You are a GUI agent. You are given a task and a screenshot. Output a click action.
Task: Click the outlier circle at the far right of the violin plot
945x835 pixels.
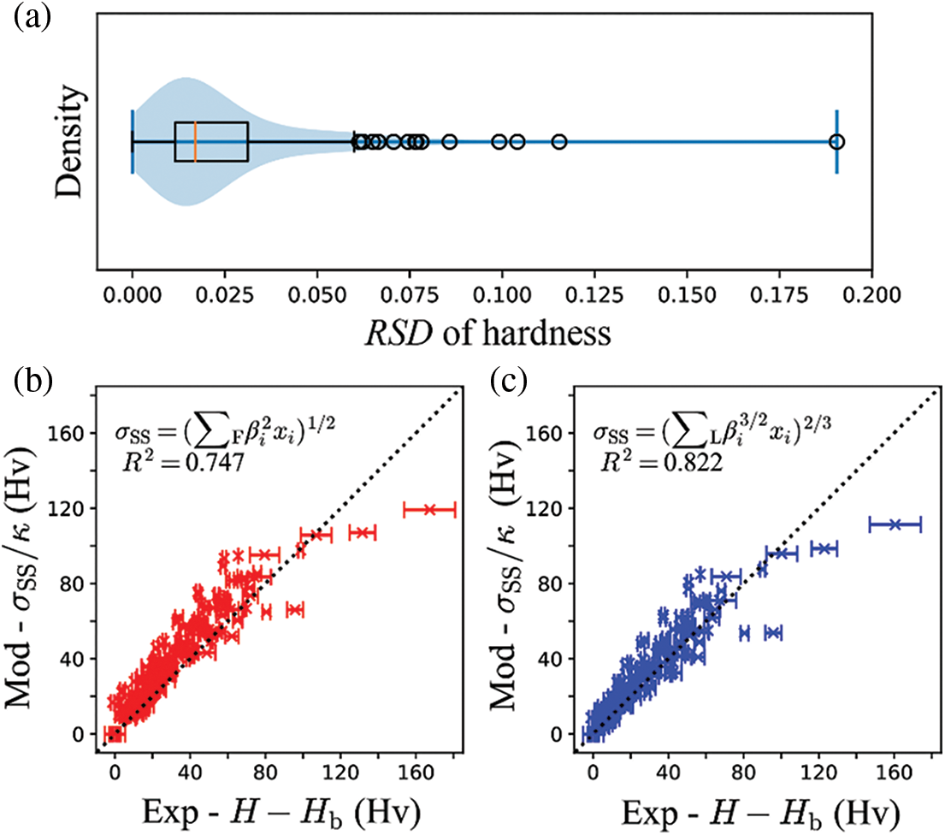pyautogui.click(x=836, y=141)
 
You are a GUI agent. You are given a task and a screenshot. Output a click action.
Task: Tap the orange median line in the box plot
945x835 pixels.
pyautogui.click(x=195, y=141)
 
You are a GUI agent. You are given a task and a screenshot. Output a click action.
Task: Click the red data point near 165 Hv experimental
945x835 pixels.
pyautogui.click(x=430, y=510)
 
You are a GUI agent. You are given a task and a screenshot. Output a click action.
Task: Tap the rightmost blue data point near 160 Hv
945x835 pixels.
pyautogui.click(x=895, y=524)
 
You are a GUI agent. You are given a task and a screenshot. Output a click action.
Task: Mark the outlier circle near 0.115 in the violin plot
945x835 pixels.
pyautogui.click(x=559, y=141)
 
